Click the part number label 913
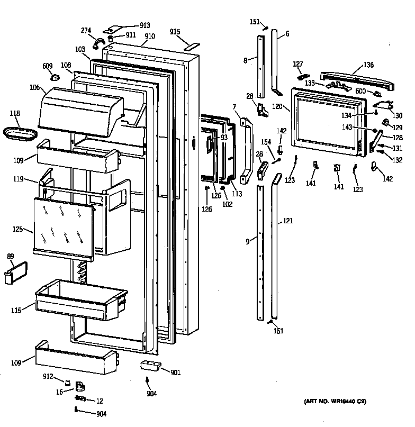pos(145,25)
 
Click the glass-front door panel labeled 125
pos(63,226)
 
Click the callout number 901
pos(175,373)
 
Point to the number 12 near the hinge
pos(100,401)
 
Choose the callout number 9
pos(247,242)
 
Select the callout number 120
pos(277,106)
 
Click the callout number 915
pos(175,32)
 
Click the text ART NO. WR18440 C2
pos(335,402)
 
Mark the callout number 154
pos(265,142)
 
